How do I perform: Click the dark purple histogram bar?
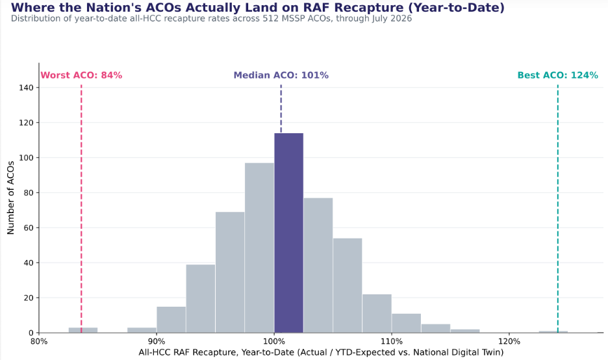coord(289,233)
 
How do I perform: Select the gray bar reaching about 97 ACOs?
coord(259,248)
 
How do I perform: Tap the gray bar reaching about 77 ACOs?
coord(318,265)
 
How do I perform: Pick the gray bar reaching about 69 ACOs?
coord(230,272)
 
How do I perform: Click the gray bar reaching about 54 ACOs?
coord(348,285)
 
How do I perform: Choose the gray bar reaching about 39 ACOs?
coord(201,299)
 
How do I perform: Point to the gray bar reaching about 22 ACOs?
coord(377,313)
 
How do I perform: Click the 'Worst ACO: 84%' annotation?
coord(81,75)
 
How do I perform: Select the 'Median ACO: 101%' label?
coord(281,75)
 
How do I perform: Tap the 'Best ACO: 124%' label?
coord(557,75)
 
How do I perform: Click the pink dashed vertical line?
coord(81,209)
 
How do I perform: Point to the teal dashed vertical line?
coord(557,209)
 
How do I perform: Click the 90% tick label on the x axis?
coord(157,341)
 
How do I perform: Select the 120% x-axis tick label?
coord(509,341)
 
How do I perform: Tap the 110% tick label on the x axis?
coord(392,341)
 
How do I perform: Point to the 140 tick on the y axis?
coord(27,88)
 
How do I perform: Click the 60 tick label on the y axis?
coord(29,227)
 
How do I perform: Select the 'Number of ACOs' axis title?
coord(10,198)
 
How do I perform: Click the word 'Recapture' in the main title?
coord(363,7)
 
